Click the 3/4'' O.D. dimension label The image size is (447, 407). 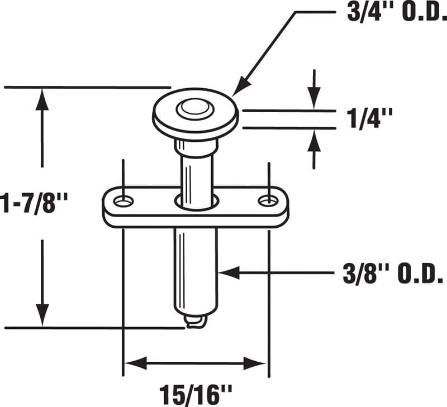point(394,12)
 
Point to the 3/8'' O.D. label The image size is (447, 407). point(388,273)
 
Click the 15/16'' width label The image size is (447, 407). point(196,391)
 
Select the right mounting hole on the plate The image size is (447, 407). point(268,200)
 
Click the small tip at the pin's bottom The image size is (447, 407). point(195,323)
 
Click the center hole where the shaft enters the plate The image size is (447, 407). point(196,201)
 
